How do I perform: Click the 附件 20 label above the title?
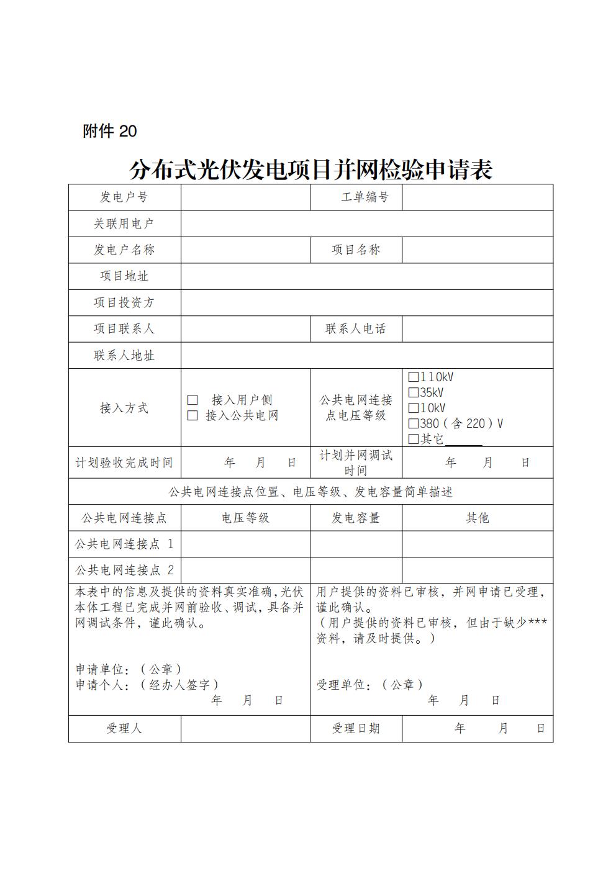pyautogui.click(x=109, y=132)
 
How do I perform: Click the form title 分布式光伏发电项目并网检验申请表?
pyautogui.click(x=310, y=169)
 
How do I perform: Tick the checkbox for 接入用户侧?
pyautogui.click(x=193, y=400)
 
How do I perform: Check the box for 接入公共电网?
pyautogui.click(x=193, y=415)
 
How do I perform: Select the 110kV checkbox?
pyautogui.click(x=414, y=377)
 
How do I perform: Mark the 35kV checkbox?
pyautogui.click(x=414, y=392)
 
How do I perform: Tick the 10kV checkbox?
pyautogui.click(x=414, y=408)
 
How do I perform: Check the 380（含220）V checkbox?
pyautogui.click(x=414, y=423)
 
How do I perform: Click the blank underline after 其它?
pyautogui.click(x=463, y=440)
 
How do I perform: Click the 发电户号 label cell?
pyautogui.click(x=124, y=197)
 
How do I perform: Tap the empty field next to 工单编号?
pyautogui.click(x=477, y=197)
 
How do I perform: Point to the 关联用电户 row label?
pyautogui.click(x=124, y=223)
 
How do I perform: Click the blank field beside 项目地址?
pyautogui.click(x=366, y=276)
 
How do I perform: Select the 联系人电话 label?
pyautogui.click(x=356, y=329)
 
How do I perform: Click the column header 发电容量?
pyautogui.click(x=356, y=518)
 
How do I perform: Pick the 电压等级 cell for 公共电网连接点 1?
pyautogui.click(x=245, y=544)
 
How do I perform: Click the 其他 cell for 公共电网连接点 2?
pyautogui.click(x=477, y=570)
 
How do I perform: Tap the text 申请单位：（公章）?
pyautogui.click(x=129, y=669)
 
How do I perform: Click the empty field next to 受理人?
pyautogui.click(x=245, y=729)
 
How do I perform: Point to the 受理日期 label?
pyautogui.click(x=356, y=729)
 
